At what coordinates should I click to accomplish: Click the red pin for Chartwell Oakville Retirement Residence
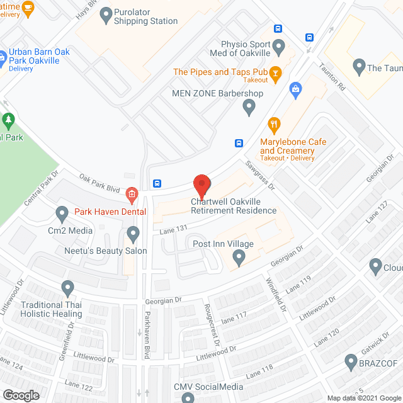201,186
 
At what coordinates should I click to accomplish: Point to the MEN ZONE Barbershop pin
249,108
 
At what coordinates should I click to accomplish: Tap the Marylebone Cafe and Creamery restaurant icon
274,124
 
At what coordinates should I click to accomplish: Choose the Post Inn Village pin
239,257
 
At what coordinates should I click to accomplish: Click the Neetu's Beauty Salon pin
133,235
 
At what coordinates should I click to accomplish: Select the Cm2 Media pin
62,215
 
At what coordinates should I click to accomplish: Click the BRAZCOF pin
351,362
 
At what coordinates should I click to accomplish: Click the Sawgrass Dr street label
261,178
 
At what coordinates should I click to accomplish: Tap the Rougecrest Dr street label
210,326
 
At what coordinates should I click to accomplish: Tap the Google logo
20,395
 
